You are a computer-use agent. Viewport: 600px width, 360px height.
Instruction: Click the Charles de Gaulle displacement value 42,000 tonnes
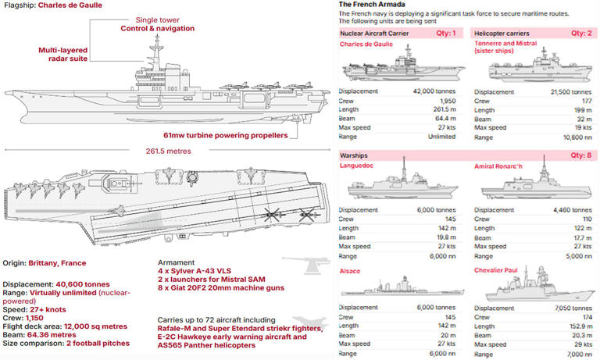pyautogui.click(x=434, y=91)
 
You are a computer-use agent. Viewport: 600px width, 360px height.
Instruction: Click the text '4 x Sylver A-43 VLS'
pyautogui.click(x=193, y=270)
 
